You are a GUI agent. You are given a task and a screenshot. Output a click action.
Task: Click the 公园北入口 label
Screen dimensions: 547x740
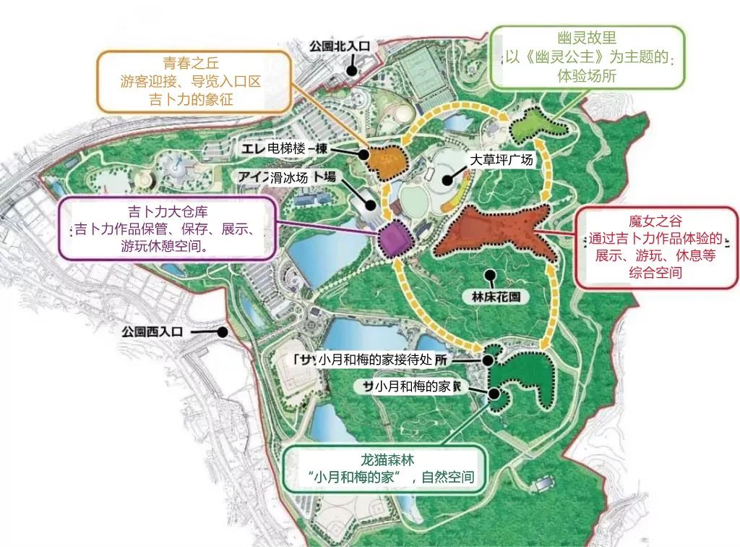click(339, 46)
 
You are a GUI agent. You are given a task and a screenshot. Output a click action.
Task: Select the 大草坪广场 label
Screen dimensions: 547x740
click(501, 160)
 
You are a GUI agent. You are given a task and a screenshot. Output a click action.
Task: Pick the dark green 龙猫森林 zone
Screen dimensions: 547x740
click(520, 380)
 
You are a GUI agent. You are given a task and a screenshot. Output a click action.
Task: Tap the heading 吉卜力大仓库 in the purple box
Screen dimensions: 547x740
click(168, 213)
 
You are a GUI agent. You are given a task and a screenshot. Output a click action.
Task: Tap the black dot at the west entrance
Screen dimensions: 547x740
click(223, 331)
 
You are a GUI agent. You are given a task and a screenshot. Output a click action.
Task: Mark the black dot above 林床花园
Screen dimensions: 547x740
click(491, 274)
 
